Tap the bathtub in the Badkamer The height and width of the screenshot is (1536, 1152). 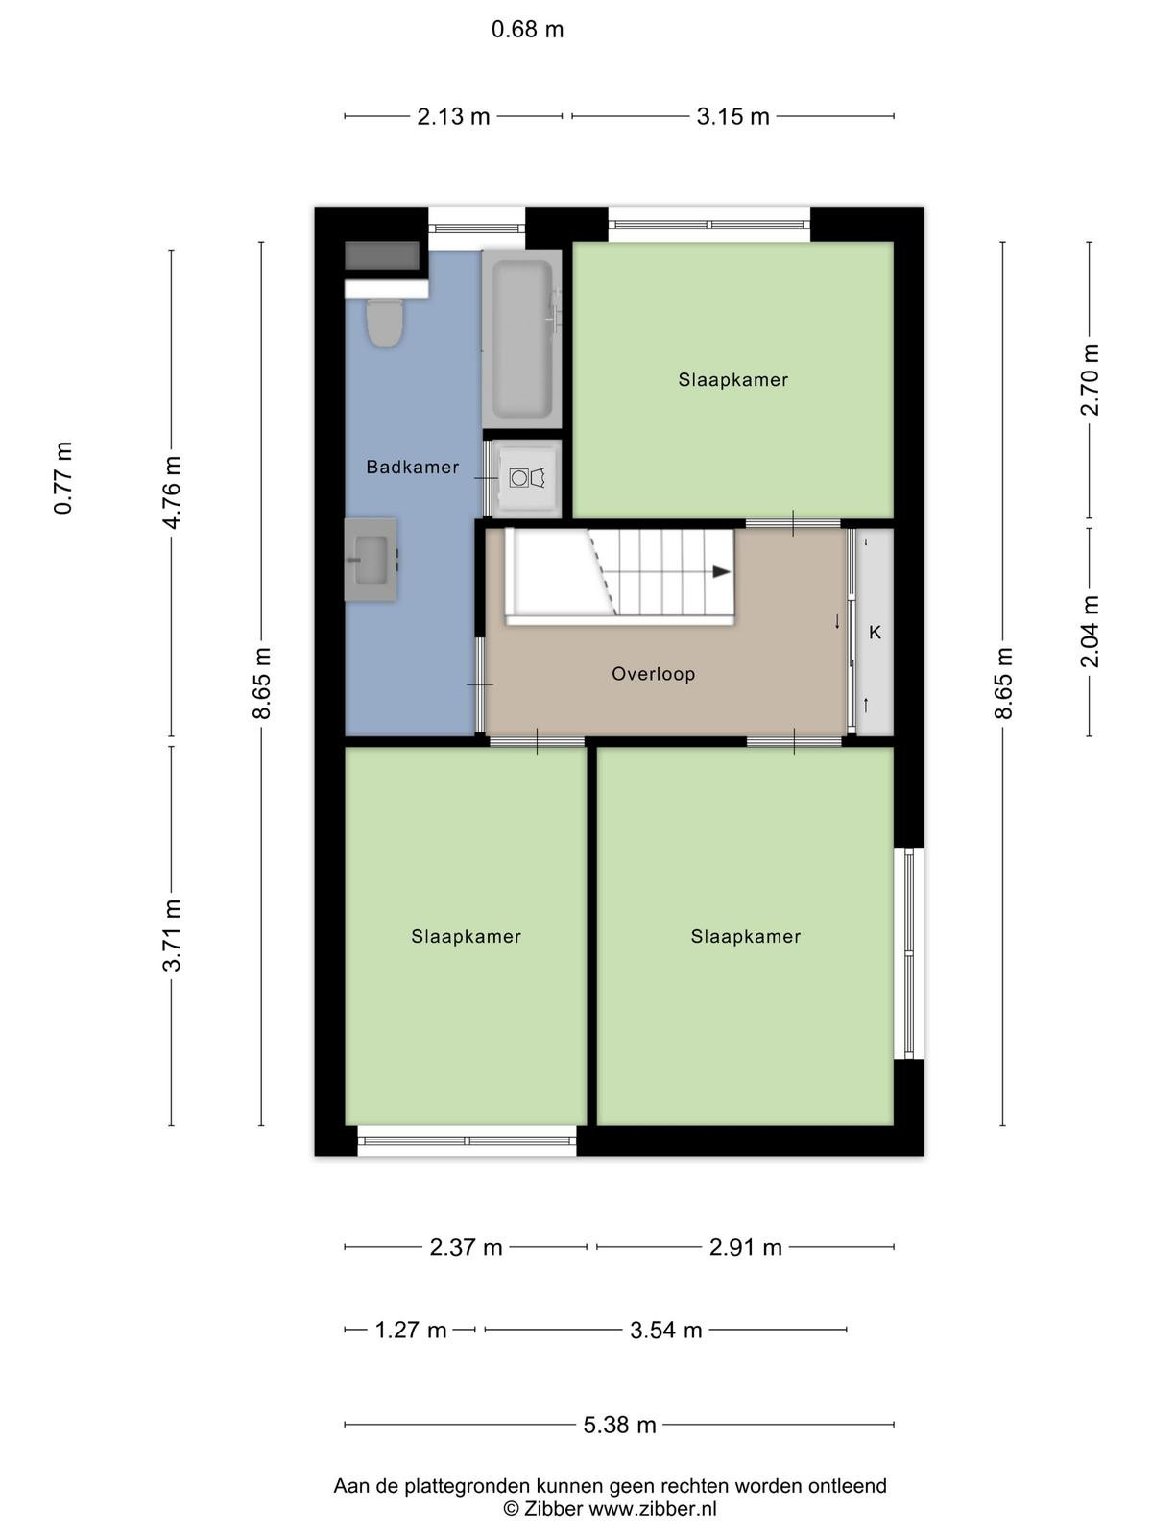[522, 339]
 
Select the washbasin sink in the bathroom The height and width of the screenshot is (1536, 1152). [371, 559]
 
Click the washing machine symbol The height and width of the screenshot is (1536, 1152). [527, 478]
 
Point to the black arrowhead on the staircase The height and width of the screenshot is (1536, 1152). [721, 572]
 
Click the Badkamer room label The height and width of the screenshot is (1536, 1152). [413, 467]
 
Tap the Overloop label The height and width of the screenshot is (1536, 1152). [654, 674]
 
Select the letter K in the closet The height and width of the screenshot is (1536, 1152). [875, 633]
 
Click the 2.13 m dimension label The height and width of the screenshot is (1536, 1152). [453, 116]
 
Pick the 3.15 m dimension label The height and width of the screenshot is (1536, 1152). [732, 116]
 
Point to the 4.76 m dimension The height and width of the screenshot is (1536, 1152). [172, 492]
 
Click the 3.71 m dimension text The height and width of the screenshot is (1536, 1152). [172, 936]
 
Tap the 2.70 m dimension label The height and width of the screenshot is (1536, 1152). [1090, 380]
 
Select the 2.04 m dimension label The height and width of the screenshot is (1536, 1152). [1090, 631]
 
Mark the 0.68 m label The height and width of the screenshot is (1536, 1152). [527, 30]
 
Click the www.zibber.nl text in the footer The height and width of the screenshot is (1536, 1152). [653, 1508]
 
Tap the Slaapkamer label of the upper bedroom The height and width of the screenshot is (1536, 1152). [733, 380]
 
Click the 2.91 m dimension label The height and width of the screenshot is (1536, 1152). [745, 1247]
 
